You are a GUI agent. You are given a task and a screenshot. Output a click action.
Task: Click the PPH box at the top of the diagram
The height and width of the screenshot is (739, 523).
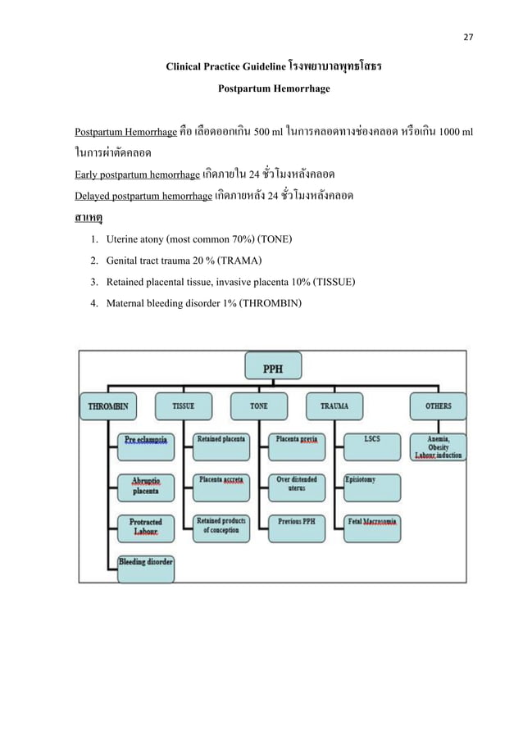tap(273, 369)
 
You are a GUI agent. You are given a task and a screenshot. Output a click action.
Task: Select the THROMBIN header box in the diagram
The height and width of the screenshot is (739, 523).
tap(107, 406)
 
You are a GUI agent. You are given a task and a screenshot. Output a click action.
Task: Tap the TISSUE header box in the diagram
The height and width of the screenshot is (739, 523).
tap(183, 406)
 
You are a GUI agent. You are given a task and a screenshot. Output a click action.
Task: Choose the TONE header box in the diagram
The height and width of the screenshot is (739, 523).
tap(259, 406)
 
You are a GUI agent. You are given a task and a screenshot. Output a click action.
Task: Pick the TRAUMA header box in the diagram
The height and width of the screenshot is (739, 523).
tap(334, 406)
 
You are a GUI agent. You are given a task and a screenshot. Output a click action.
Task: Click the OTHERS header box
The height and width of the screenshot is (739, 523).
tap(439, 406)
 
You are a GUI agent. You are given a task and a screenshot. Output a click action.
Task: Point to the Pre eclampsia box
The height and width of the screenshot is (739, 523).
tap(146, 442)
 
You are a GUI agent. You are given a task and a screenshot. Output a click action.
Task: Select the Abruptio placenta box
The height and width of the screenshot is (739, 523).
tap(146, 486)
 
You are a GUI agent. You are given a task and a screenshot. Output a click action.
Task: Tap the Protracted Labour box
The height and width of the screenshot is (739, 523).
tap(146, 527)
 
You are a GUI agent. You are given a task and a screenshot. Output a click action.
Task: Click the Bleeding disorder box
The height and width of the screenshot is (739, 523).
tap(146, 564)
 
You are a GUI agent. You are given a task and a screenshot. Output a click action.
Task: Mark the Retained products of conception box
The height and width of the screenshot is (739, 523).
tap(221, 526)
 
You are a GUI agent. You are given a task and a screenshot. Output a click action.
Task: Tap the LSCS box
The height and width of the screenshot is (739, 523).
tap(373, 442)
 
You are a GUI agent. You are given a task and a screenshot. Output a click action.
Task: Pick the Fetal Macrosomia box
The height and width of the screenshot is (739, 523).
tap(373, 522)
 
